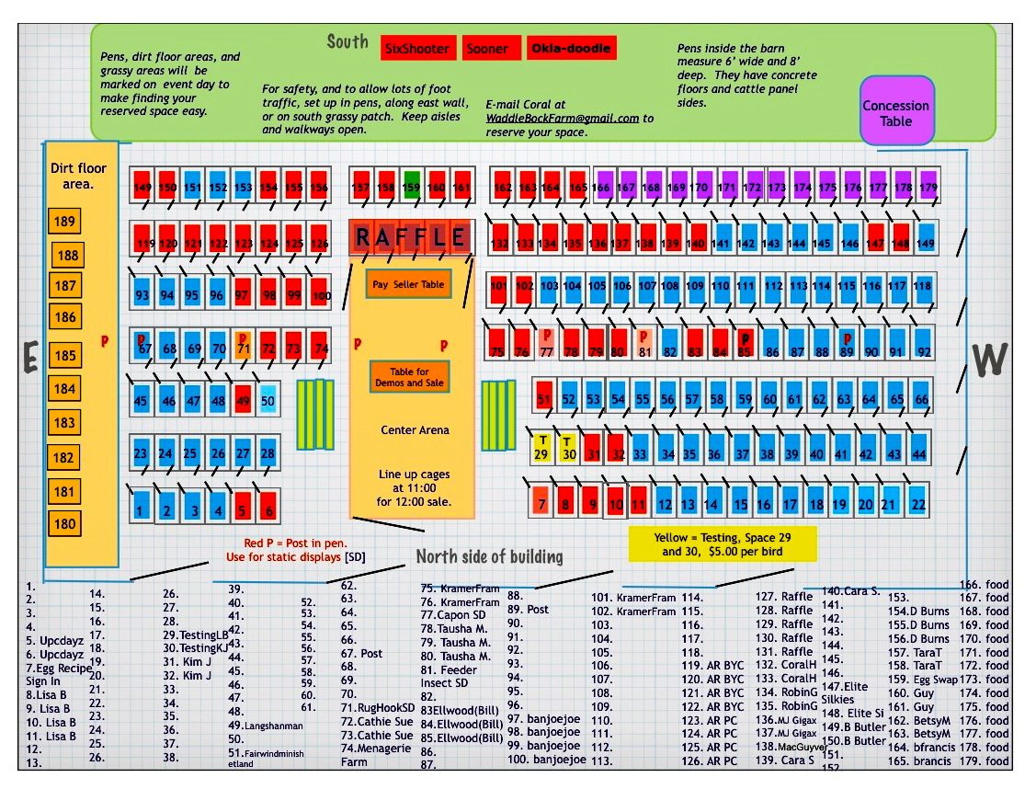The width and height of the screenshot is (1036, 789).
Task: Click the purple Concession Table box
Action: tap(896, 112)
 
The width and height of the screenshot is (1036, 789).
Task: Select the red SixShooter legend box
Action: tap(416, 49)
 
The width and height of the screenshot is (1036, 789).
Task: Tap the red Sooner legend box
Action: tap(486, 49)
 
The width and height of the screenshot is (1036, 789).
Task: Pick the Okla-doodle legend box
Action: tap(570, 49)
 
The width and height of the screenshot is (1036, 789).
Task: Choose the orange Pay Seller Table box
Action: tap(407, 285)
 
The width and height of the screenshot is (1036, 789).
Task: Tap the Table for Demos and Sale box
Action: tap(409, 376)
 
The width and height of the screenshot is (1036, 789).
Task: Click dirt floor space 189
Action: tap(65, 222)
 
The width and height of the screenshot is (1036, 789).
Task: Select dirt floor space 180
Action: tap(65, 525)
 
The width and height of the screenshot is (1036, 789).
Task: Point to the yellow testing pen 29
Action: tap(542, 449)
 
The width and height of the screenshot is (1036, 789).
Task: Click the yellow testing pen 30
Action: tap(569, 449)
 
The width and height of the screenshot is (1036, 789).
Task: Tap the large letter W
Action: tap(989, 360)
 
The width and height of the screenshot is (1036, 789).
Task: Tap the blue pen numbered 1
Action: tap(142, 505)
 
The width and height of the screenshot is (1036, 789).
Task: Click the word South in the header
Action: tap(347, 42)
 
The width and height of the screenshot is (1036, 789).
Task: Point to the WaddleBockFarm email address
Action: tap(563, 119)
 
